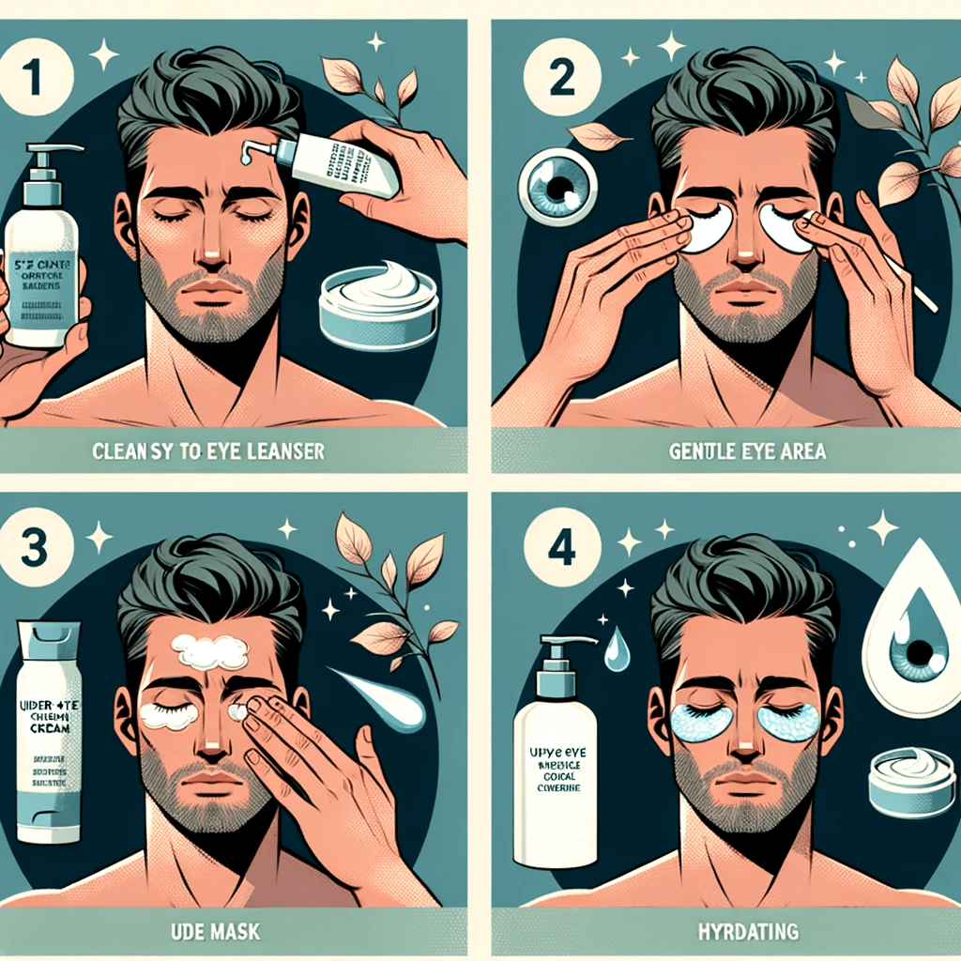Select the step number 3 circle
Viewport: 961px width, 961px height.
coord(36,550)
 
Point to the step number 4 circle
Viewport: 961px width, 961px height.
coord(561,550)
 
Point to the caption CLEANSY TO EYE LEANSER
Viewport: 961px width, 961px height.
coord(208,451)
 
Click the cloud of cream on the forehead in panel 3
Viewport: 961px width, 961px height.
coord(215,650)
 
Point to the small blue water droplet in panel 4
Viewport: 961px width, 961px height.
coord(617,649)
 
